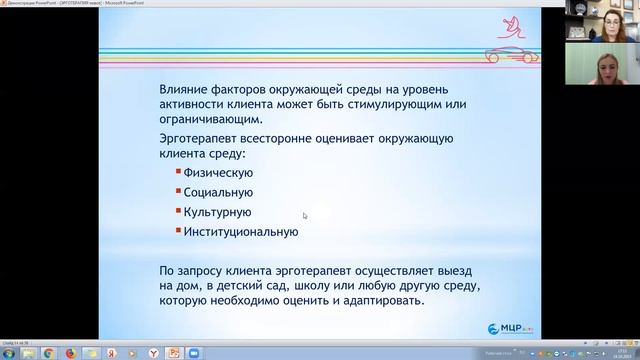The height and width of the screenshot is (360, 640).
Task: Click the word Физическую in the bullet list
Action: pyautogui.click(x=217, y=172)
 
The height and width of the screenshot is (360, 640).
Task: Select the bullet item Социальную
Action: pyautogui.click(x=217, y=192)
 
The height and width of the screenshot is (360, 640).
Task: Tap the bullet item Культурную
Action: pyautogui.click(x=217, y=212)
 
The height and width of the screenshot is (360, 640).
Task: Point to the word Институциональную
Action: pyautogui.click(x=240, y=232)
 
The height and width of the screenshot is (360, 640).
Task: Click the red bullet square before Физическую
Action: pyautogui.click(x=177, y=172)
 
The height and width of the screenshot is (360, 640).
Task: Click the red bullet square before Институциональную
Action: pyautogui.click(x=177, y=232)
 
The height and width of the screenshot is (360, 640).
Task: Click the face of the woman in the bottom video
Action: pyautogui.click(x=603, y=71)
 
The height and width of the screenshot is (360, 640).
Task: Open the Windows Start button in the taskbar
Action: pyautogui.click(x=9, y=353)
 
